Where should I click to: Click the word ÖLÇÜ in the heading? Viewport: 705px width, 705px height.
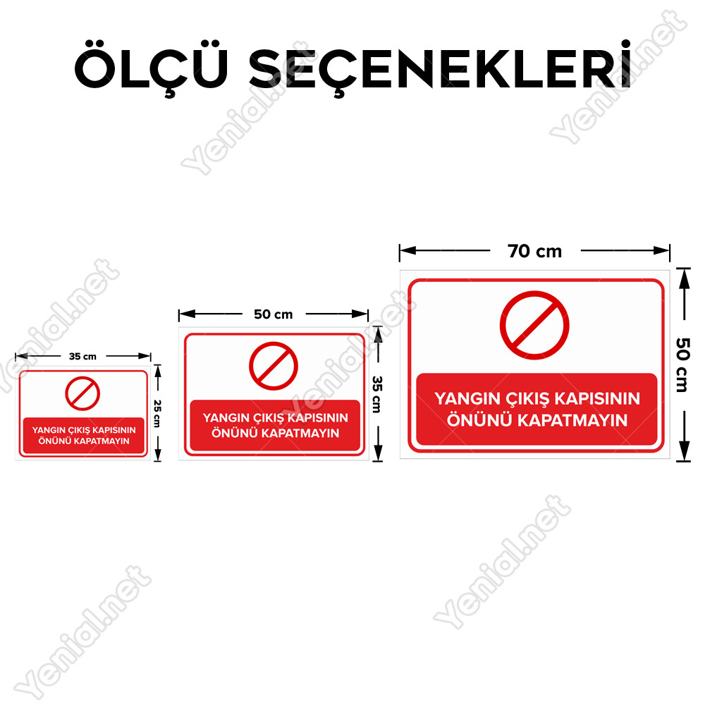(151, 68)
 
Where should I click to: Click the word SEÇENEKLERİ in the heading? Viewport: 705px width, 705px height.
(440, 68)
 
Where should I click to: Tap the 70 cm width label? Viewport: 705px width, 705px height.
(534, 252)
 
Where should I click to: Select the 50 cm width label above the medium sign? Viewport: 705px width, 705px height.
(273, 314)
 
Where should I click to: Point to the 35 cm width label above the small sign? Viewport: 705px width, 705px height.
(82, 357)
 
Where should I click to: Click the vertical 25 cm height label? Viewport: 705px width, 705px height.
(157, 413)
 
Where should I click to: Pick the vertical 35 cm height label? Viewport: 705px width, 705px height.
(377, 394)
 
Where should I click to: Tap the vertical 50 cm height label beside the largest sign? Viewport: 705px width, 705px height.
(682, 364)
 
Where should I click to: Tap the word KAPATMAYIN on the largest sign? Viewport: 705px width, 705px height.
(572, 420)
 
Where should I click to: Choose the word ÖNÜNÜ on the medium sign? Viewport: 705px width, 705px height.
(235, 433)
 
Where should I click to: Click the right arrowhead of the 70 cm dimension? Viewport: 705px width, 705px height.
(661, 250)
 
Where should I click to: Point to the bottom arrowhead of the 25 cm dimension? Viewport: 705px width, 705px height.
(157, 455)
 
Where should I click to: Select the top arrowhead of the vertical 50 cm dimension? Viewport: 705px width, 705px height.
(684, 278)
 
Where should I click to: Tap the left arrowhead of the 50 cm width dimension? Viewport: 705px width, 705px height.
(187, 314)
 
